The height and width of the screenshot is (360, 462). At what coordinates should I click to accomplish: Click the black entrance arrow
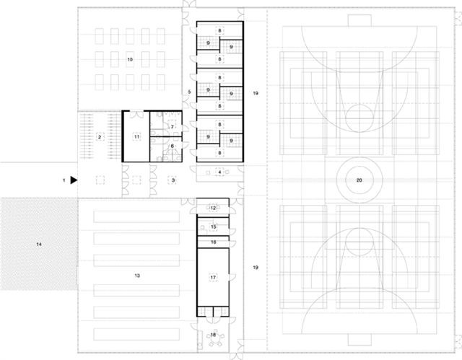[x=74, y=180]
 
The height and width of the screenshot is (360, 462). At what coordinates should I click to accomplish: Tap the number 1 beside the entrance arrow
[x=64, y=180]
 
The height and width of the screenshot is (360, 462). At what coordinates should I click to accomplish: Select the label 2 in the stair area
[x=100, y=137]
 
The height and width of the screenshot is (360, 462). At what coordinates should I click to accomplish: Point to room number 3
[x=173, y=180]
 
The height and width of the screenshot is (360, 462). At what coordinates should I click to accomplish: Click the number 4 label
[x=219, y=172]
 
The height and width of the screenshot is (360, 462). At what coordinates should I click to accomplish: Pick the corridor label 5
[x=189, y=92]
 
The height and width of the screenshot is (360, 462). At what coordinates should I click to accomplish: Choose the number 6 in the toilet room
[x=173, y=146]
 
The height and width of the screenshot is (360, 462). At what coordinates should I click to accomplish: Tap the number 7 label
[x=173, y=127]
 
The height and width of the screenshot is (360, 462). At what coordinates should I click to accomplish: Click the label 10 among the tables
[x=130, y=59]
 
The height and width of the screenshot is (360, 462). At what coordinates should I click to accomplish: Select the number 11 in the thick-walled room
[x=136, y=137]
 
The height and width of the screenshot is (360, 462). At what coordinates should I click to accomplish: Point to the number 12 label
[x=214, y=208]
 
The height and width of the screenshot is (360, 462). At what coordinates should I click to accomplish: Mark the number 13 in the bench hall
[x=137, y=276]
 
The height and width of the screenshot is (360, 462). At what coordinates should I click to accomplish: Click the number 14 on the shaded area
[x=39, y=245]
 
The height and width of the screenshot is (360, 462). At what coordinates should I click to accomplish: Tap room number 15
[x=214, y=227]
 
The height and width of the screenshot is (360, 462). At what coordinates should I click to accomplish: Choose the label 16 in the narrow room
[x=214, y=242]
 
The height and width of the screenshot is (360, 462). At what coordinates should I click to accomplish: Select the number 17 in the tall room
[x=214, y=277]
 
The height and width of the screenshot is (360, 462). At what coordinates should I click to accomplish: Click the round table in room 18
[x=215, y=339]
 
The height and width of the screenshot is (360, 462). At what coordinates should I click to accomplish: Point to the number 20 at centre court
[x=359, y=180]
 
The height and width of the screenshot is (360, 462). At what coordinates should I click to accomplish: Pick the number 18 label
[x=214, y=335]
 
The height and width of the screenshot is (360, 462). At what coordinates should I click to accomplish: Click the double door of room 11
[x=136, y=115]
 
